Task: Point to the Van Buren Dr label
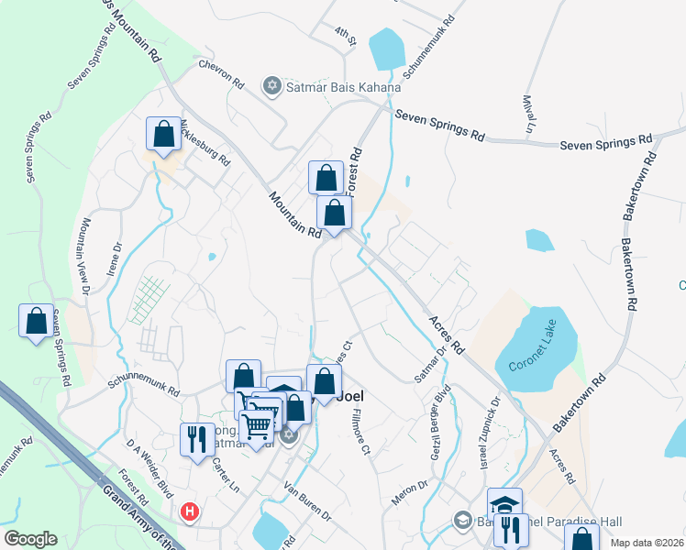307,500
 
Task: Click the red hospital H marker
190,511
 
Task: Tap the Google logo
31,539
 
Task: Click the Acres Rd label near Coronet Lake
446,337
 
